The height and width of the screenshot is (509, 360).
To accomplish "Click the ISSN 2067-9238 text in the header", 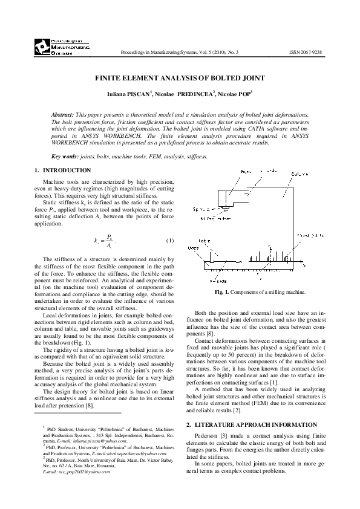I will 306,53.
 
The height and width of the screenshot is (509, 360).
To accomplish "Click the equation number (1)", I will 169,241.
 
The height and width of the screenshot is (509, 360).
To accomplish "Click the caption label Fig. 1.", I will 223,293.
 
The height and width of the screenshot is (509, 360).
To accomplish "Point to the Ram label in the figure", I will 231,172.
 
